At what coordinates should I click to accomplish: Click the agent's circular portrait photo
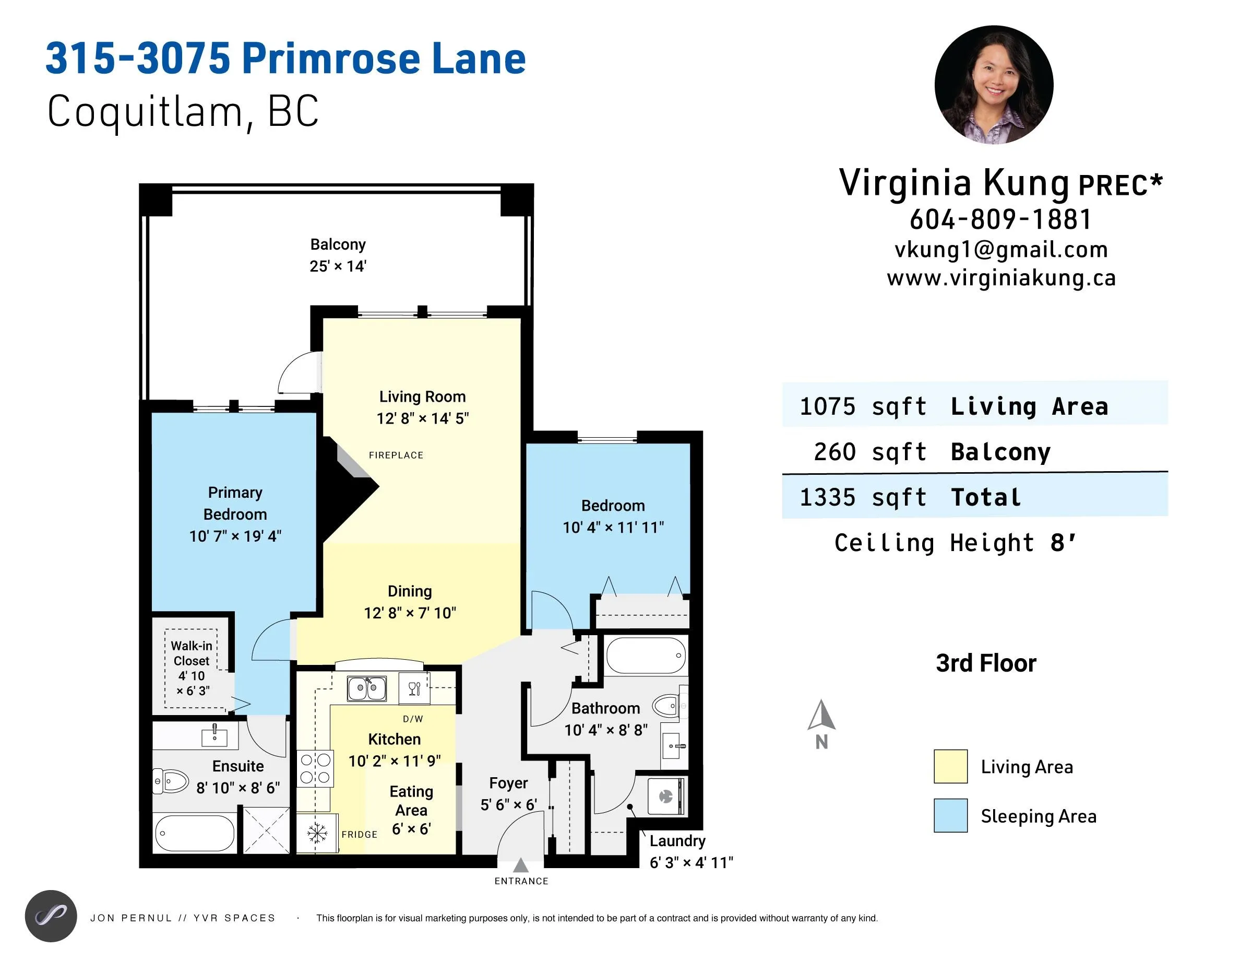(x=994, y=85)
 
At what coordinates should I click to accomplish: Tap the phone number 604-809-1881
(x=1000, y=220)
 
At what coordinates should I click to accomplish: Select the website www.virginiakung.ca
(x=1001, y=278)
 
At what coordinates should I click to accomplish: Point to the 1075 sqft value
(x=863, y=407)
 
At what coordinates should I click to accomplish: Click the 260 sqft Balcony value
(x=870, y=452)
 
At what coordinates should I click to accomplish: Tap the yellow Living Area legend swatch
(x=950, y=766)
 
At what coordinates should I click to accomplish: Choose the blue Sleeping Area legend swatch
(x=950, y=815)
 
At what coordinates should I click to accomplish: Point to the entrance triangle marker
(x=521, y=866)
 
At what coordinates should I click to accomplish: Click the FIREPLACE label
(x=396, y=455)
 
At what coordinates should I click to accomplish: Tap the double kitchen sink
(x=367, y=688)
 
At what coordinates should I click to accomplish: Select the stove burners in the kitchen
(x=315, y=768)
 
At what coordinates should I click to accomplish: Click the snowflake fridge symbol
(x=317, y=834)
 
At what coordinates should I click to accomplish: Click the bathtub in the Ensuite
(x=194, y=833)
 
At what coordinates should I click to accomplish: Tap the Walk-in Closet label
(x=192, y=653)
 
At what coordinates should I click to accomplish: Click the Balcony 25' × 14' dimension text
(x=338, y=266)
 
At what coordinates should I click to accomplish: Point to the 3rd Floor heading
(x=986, y=663)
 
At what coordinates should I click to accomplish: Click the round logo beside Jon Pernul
(x=51, y=916)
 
